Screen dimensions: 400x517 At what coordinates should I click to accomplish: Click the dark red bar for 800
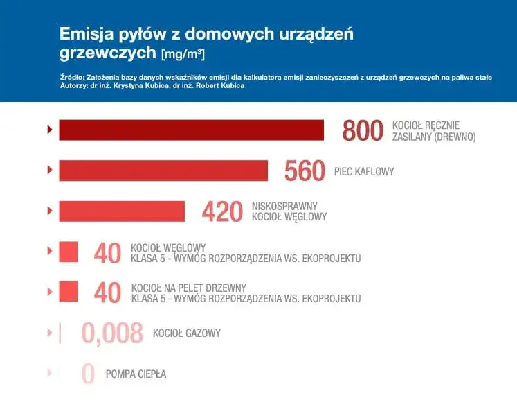[x=191, y=130]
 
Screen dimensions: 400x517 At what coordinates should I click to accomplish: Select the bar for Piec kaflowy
[x=163, y=171]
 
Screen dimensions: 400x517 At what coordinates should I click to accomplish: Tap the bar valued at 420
[x=122, y=211]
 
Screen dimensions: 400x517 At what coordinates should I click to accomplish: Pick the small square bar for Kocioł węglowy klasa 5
[x=68, y=252]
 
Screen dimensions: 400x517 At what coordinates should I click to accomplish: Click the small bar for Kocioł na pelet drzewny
[x=68, y=292]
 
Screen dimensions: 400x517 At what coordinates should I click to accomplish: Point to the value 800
[x=363, y=130]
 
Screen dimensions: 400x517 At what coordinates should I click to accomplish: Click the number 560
[x=305, y=171]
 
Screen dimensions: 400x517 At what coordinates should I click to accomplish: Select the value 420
[x=222, y=211]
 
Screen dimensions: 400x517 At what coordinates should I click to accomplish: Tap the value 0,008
[x=112, y=333]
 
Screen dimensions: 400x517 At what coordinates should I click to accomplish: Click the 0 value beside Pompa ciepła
[x=88, y=374]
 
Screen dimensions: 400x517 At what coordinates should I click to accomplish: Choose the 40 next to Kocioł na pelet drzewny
[x=107, y=293]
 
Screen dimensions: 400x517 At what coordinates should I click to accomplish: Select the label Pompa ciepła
[x=136, y=374]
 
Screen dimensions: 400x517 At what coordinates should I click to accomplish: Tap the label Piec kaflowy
[x=363, y=171]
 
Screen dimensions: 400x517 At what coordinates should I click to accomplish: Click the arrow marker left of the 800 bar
[x=49, y=130]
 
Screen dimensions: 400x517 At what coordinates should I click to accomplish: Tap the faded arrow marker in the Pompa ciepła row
[x=49, y=374]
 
